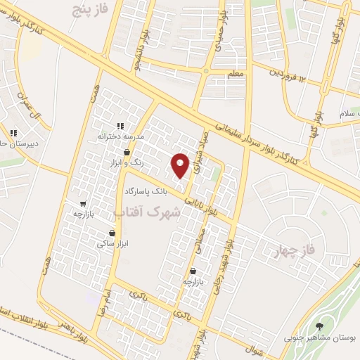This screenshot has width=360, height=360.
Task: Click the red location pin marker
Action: [181, 165]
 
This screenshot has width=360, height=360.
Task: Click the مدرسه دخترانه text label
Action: [120, 136]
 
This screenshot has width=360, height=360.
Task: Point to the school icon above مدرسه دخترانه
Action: [120, 125]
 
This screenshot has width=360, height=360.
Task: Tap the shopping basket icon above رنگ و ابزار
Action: [127, 152]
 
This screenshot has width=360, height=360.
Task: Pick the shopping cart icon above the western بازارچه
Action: [83, 202]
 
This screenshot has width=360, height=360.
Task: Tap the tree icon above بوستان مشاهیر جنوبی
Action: [321, 326]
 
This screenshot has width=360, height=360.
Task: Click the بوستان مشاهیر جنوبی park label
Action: [321, 337]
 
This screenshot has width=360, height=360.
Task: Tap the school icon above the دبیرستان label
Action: [13, 132]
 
